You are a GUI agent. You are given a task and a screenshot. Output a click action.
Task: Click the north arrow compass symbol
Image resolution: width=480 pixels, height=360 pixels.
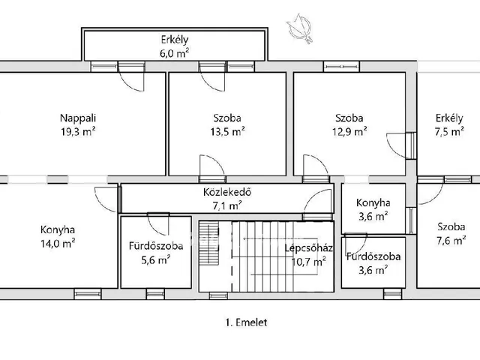(299, 28)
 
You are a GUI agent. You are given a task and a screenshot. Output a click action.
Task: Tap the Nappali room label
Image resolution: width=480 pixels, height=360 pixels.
(78, 118)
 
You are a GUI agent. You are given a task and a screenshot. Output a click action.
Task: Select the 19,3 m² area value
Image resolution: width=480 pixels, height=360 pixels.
(78, 132)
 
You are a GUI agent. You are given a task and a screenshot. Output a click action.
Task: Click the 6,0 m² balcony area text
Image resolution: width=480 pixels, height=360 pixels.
(174, 53)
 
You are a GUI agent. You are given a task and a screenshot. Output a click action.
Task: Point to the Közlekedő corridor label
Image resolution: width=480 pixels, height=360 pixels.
(227, 192)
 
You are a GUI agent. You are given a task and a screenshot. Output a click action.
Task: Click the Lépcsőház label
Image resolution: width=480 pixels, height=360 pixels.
(308, 248)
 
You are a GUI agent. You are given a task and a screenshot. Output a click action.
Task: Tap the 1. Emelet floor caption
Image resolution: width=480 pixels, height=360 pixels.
(246, 322)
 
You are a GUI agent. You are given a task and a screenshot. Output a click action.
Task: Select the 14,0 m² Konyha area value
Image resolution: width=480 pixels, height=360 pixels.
(58, 244)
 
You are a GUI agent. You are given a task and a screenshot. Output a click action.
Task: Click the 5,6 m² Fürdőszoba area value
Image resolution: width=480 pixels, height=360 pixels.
(156, 260)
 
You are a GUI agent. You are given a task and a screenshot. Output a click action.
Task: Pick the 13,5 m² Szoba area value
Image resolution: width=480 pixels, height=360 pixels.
(227, 132)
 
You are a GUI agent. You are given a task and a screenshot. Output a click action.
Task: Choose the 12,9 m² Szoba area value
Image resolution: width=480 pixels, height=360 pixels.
(349, 132)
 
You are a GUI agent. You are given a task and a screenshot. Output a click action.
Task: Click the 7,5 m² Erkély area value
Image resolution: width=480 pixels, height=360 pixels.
(449, 132)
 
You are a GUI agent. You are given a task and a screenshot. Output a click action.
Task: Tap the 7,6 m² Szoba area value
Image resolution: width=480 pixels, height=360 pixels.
(451, 241)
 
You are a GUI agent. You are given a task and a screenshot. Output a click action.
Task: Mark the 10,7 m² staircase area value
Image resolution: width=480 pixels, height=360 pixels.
(308, 262)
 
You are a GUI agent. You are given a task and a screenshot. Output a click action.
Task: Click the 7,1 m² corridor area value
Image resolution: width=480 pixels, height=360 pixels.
(227, 205)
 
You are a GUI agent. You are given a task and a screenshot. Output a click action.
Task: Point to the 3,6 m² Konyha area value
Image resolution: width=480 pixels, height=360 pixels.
(373, 217)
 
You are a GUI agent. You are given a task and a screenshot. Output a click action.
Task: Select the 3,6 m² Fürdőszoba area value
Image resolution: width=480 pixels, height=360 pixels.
(373, 270)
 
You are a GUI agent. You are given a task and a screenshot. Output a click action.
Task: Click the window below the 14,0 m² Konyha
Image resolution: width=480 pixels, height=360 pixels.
(88, 294)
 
